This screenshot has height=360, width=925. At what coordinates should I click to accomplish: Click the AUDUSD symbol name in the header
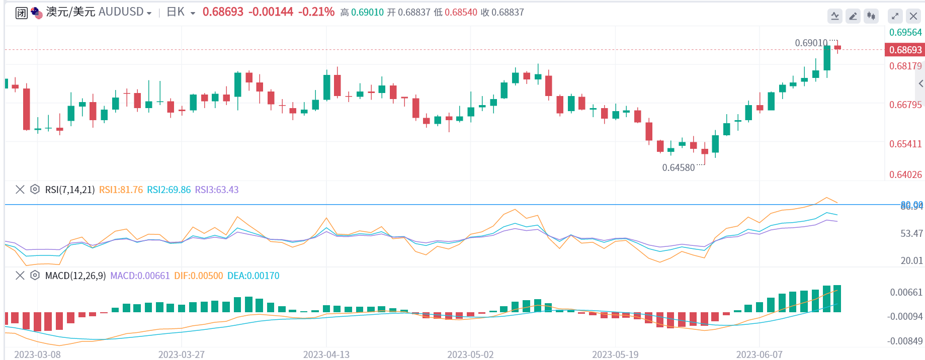pyautogui.click(x=121, y=12)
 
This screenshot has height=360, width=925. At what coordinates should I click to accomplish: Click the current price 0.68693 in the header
pyautogui.click(x=223, y=12)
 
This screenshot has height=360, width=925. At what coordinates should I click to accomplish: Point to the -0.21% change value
pyautogui.click(x=316, y=12)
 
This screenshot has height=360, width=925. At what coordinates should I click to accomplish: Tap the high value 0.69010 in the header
pyautogui.click(x=367, y=13)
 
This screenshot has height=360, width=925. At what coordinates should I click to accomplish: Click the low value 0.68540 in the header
pyautogui.click(x=461, y=13)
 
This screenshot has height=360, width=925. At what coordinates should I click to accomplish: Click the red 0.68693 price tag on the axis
pyautogui.click(x=905, y=50)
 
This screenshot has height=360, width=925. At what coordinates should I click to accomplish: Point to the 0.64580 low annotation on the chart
pyautogui.click(x=678, y=168)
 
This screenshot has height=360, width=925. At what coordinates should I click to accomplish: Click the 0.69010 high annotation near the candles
pyautogui.click(x=811, y=43)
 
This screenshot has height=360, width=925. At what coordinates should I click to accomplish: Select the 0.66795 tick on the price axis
pyautogui.click(x=905, y=105)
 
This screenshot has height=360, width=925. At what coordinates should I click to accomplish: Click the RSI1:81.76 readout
pyautogui.click(x=121, y=190)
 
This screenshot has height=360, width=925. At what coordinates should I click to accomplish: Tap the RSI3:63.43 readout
pyautogui.click(x=217, y=190)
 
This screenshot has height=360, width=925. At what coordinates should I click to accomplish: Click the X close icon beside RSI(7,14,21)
pyautogui.click(x=20, y=190)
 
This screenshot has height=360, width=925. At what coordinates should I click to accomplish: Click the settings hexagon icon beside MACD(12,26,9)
pyautogui.click(x=35, y=276)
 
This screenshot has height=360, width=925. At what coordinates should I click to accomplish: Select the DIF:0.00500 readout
pyautogui.click(x=198, y=276)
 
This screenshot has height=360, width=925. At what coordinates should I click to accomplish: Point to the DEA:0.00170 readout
pyautogui.click(x=253, y=276)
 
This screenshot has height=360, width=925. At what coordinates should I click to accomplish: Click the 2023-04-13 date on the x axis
pyautogui.click(x=326, y=354)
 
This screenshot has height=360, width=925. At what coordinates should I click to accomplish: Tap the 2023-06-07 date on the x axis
pyautogui.click(x=759, y=354)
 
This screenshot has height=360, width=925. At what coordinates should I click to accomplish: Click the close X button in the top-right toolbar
pyautogui.click(x=913, y=16)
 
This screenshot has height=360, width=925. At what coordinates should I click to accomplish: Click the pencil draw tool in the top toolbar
pyautogui.click(x=853, y=16)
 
